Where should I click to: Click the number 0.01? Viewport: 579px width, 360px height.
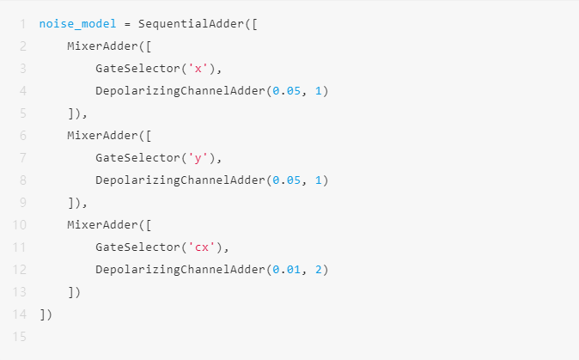(x=286, y=270)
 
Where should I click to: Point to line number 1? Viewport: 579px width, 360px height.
(x=21, y=23)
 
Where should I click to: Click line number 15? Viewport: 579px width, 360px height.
(x=18, y=337)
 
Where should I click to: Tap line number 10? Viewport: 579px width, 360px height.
(x=18, y=225)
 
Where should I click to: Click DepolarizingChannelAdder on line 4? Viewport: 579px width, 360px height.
(x=180, y=90)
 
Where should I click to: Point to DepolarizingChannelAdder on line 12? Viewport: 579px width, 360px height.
(x=180, y=270)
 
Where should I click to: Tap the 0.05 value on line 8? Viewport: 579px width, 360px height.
(x=286, y=180)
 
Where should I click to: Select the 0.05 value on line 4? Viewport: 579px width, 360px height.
(x=286, y=90)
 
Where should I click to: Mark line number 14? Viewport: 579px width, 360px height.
(x=18, y=314)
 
